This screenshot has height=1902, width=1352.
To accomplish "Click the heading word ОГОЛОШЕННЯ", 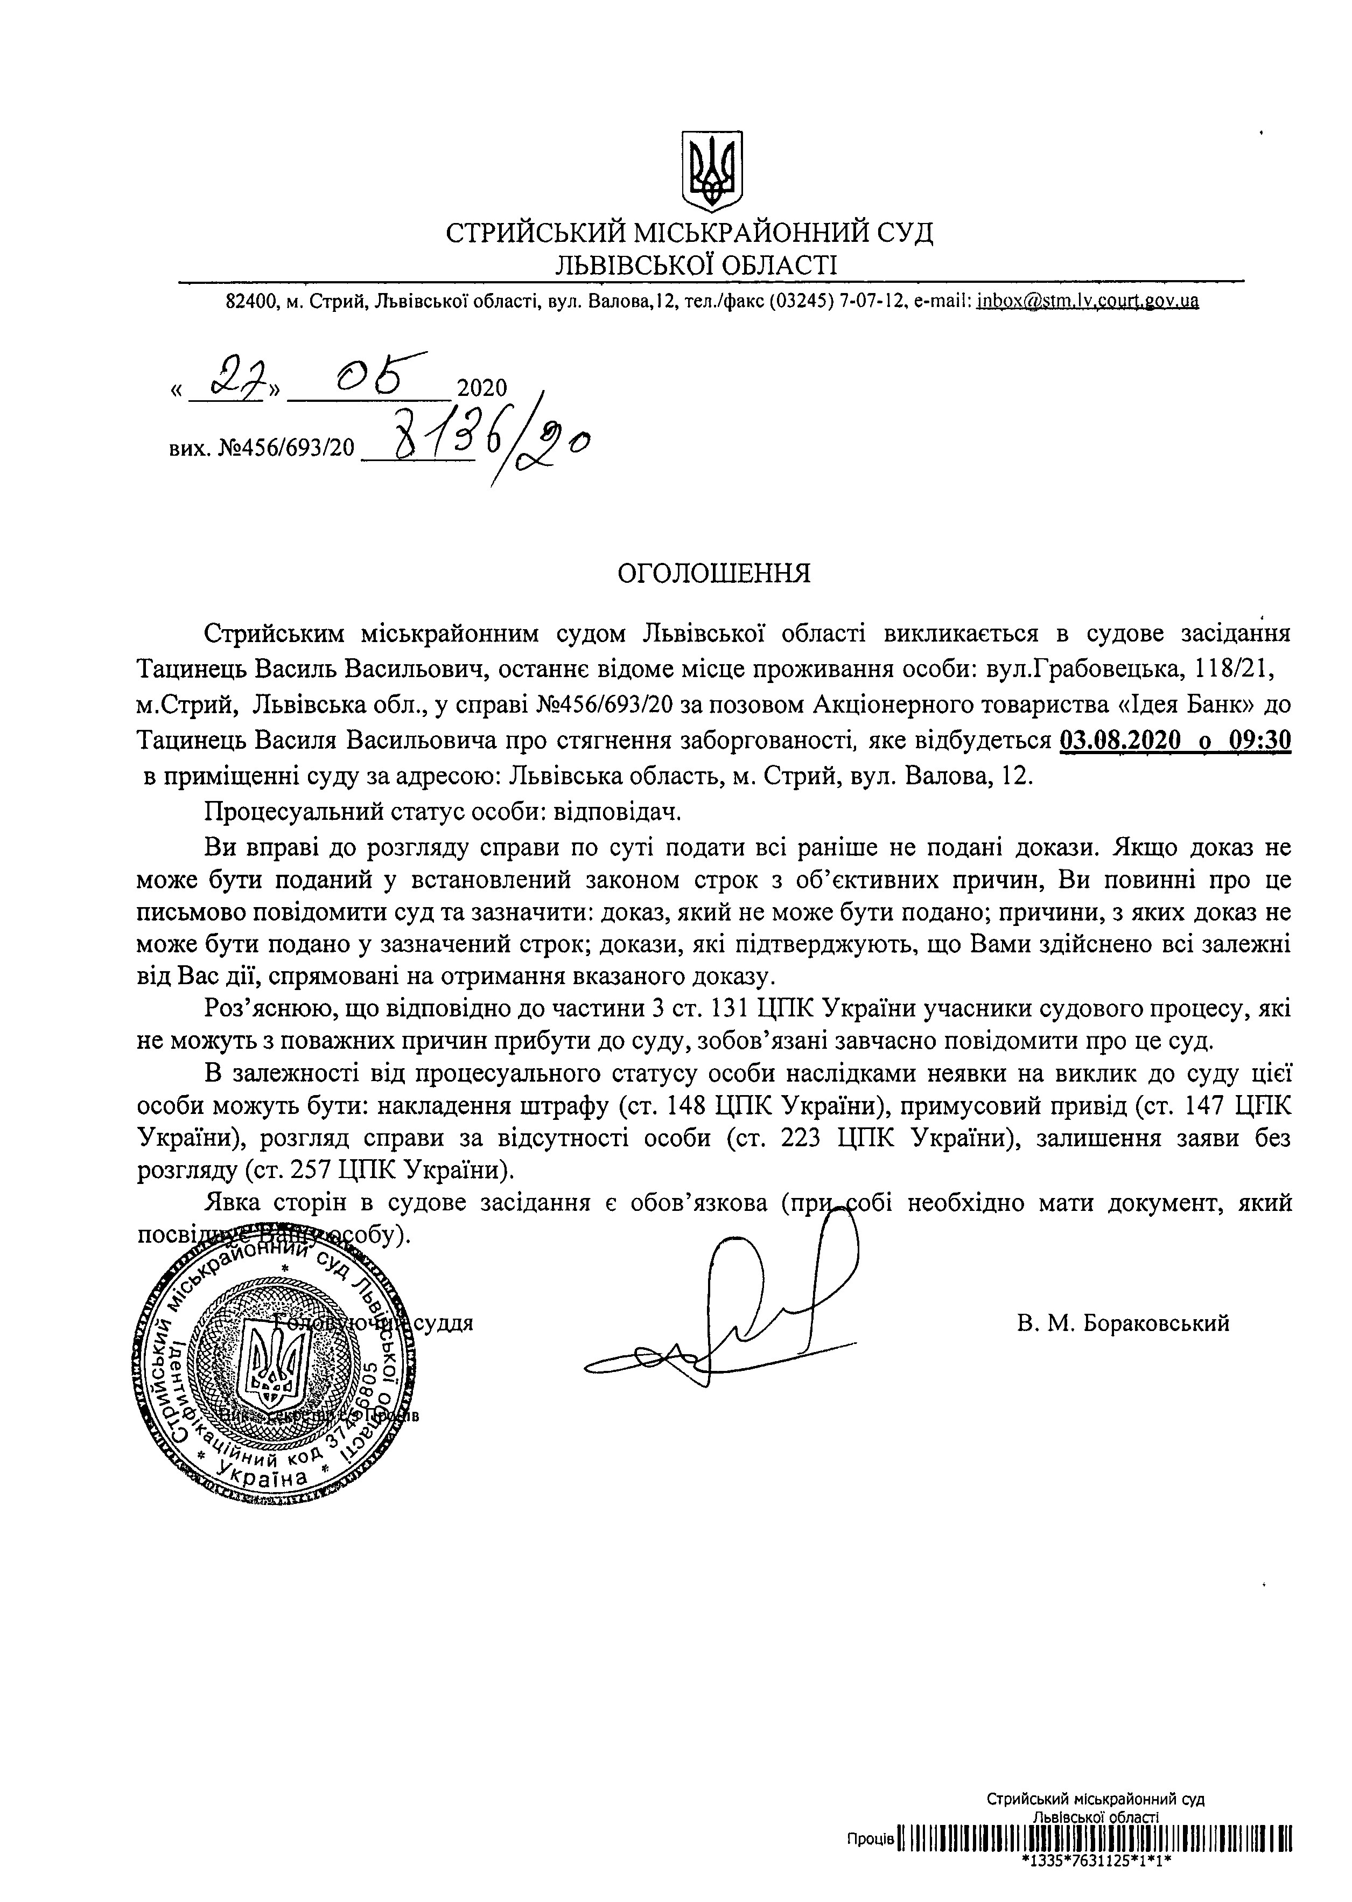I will pos(713,573).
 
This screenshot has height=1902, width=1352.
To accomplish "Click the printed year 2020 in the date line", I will pos(482,388).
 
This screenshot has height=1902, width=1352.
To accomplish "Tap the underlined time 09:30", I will pos(1259,740).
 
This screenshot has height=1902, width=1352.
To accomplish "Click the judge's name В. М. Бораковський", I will pos(1122,1323).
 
